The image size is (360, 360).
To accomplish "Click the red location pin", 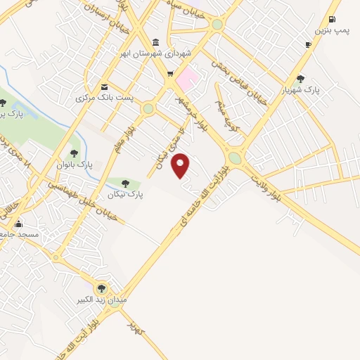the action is click(181, 165).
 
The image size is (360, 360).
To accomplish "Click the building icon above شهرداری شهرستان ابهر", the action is click(155, 41).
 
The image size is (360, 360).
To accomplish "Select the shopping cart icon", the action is click(169, 73).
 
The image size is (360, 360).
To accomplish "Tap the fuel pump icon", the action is click(332, 19).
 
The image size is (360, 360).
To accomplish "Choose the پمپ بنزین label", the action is click(331, 31).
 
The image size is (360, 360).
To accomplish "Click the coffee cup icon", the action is click(308, 44).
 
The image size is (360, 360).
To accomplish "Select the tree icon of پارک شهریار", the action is click(301, 79).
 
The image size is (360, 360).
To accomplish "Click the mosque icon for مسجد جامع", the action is click(18, 224).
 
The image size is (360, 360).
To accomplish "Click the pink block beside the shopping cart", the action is click(187, 77).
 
